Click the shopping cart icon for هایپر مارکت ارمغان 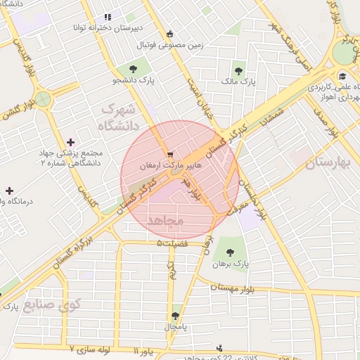[x=169, y=154]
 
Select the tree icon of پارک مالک [x=240, y=71]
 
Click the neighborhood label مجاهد [x=165, y=221]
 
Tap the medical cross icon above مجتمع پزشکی [x=70, y=142]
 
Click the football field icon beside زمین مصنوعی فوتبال [x=169, y=34]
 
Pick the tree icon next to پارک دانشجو [x=134, y=68]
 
